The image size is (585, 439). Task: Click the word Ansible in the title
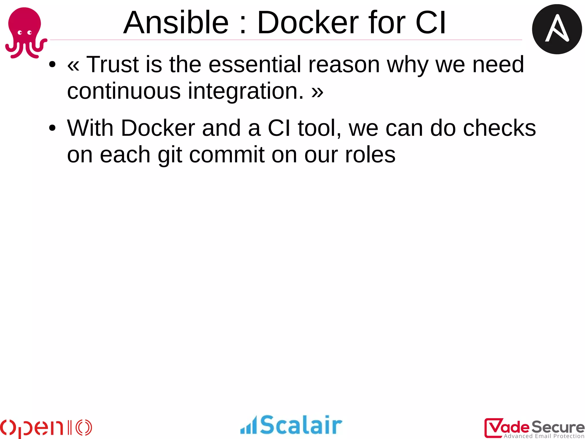point(176,23)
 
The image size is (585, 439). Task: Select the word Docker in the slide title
point(308,23)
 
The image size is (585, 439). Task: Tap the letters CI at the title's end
point(430,23)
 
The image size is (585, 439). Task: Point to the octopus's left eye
point(20,33)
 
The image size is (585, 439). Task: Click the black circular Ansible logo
point(557,29)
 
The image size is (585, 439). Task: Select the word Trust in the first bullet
point(112,65)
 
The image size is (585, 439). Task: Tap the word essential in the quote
point(255,65)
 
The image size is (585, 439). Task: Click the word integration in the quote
point(246,91)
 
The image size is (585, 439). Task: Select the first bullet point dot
point(52,65)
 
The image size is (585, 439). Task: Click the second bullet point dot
point(52,128)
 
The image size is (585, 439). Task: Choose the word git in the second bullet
point(170,155)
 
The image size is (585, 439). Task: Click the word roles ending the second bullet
point(370,155)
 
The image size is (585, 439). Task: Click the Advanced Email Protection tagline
point(544,436)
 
